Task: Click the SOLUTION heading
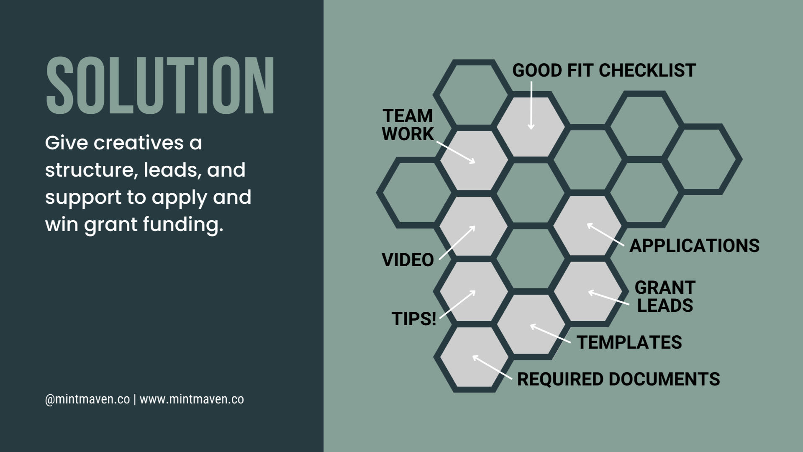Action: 160,86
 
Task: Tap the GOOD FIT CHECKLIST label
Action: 604,70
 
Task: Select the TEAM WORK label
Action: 408,125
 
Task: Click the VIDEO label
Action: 408,260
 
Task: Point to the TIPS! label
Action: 414,319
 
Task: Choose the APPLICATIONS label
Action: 694,246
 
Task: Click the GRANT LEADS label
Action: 664,297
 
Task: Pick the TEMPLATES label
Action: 629,342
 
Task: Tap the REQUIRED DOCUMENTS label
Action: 618,379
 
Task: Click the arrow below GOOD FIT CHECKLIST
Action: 531,105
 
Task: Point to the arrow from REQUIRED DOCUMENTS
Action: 492,367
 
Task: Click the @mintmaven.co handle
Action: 87,399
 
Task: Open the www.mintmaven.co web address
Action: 192,399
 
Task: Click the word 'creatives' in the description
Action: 138,143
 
